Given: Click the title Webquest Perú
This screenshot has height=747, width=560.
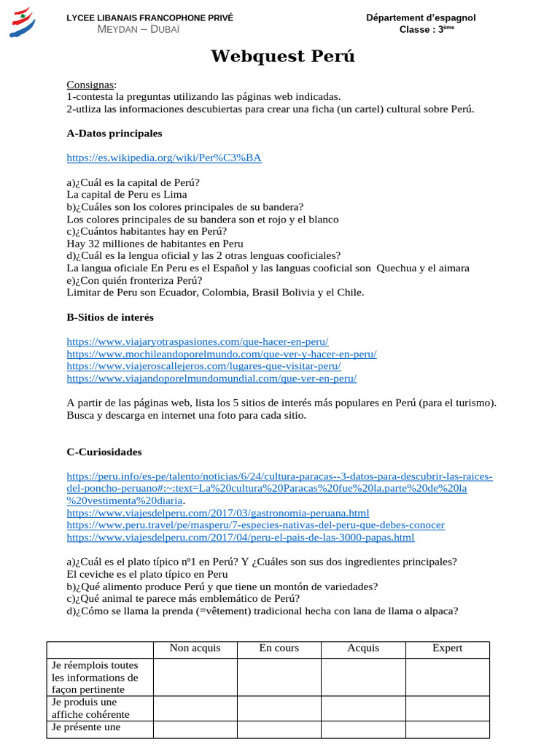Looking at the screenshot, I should click(283, 57).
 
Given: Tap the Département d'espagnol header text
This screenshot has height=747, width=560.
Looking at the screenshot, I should click(421, 18).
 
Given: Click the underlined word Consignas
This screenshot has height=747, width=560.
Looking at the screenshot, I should click(90, 85).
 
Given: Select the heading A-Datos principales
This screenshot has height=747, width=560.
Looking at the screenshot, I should click(114, 133).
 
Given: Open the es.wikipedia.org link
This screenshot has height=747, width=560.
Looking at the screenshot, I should click(163, 158).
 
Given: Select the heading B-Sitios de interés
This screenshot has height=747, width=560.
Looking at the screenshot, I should click(110, 317).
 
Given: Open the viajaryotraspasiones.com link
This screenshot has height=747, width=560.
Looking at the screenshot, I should click(197, 341).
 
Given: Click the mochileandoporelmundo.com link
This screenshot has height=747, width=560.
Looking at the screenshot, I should click(221, 354).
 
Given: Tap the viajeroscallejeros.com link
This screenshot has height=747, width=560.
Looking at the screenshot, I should click(203, 366).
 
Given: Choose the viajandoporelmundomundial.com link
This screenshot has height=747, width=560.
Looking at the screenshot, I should click(211, 379).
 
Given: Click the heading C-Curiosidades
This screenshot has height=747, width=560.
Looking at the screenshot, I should click(104, 452).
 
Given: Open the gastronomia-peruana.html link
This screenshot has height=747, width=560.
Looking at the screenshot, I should click(217, 513).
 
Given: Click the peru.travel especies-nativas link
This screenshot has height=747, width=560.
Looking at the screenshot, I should click(255, 525).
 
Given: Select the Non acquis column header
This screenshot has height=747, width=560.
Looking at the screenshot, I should click(195, 648).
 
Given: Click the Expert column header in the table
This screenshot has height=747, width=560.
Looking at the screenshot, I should click(447, 648).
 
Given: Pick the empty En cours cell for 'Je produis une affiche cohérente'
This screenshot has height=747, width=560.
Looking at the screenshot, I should click(279, 708).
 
